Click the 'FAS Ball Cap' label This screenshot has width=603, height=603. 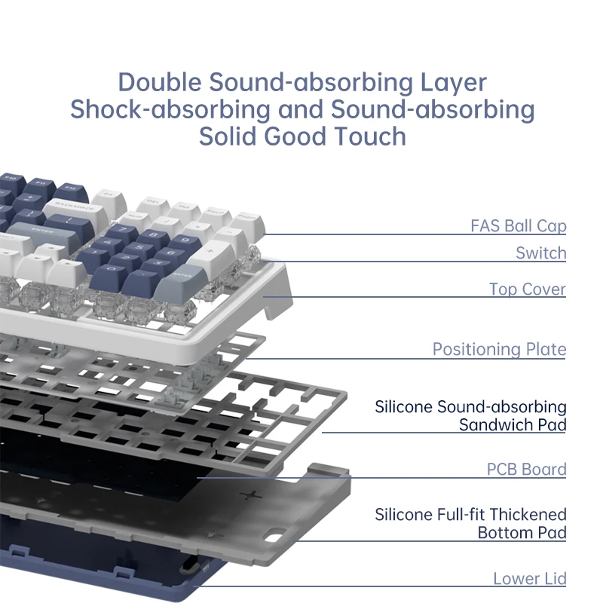pos(518,225)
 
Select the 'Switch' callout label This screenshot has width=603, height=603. pos(540,253)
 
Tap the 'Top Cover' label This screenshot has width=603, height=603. pos(527,289)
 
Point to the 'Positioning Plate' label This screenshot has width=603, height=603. pos(499,349)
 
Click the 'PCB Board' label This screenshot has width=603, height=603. pos(526,469)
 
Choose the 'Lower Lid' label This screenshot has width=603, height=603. pos(530,578)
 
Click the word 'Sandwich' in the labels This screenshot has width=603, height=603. pos(496,425)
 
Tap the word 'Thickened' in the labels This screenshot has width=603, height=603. pos(528,515)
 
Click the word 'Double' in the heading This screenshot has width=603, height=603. pos(160,82)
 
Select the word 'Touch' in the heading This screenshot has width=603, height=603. pos(370,136)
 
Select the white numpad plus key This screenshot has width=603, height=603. pos(211,256)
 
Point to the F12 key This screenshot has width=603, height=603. pos(70,191)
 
